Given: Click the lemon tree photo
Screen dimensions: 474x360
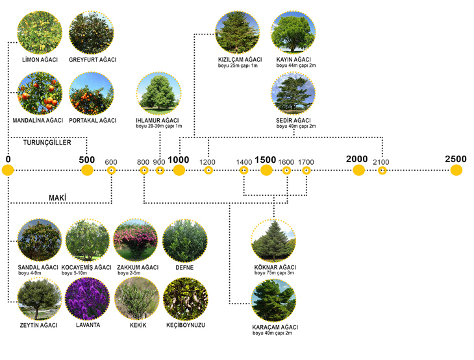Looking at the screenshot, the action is pyautogui.click(x=40, y=32).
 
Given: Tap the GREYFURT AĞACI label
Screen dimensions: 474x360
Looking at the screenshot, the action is pyautogui.click(x=92, y=60).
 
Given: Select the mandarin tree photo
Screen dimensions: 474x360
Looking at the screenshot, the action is pyautogui.click(x=40, y=93).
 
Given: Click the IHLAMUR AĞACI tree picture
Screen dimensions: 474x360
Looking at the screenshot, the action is pyautogui.click(x=158, y=93).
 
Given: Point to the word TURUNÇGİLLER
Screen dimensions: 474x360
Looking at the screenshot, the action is pyautogui.click(x=47, y=143).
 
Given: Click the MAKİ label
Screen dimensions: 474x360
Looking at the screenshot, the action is pyautogui.click(x=57, y=198).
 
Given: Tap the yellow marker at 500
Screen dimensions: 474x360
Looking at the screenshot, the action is pyautogui.click(x=87, y=170).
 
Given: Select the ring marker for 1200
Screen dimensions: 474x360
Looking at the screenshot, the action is pyautogui.click(x=208, y=171).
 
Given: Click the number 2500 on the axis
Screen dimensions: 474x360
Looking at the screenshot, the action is pyautogui.click(x=456, y=159).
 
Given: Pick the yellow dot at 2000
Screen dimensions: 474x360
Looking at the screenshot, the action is pyautogui.click(x=358, y=170).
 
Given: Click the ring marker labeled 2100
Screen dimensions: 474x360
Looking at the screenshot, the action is pyautogui.click(x=382, y=171).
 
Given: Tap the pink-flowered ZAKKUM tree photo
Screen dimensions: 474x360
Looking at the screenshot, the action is pyautogui.click(x=136, y=241).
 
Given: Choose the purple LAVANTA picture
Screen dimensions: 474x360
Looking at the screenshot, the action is pyautogui.click(x=88, y=299).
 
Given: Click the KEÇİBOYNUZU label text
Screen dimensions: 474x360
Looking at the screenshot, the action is pyautogui.click(x=186, y=325).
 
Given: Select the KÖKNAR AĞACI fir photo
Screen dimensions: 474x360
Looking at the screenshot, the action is pyautogui.click(x=273, y=241).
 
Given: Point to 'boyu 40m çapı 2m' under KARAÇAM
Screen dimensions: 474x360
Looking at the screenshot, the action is pyautogui.click(x=272, y=333).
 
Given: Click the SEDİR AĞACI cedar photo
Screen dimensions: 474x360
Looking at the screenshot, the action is pyautogui.click(x=293, y=93).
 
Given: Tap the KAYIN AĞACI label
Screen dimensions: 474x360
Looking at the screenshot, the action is pyautogui.click(x=293, y=60).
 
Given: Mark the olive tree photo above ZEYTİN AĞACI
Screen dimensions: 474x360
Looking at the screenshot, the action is pyautogui.click(x=40, y=299).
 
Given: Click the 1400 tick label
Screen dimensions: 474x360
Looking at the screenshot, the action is pyautogui.click(x=244, y=162).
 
